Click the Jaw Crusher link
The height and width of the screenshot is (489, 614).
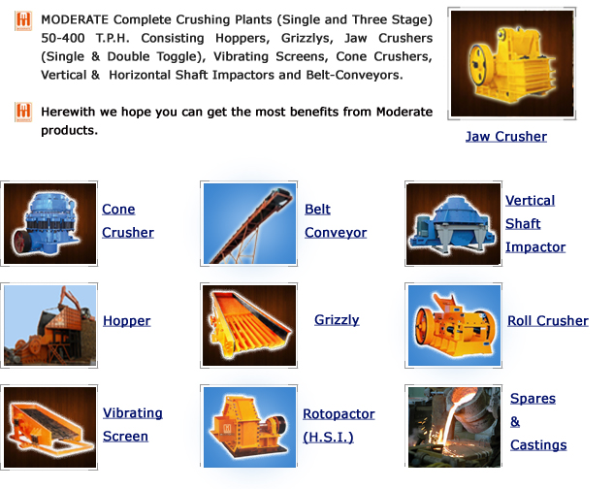(506, 137)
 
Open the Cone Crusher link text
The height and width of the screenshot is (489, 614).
(128, 220)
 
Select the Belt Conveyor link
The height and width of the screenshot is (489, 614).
(336, 220)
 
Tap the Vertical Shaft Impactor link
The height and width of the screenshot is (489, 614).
(535, 224)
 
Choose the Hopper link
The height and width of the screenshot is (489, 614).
(126, 321)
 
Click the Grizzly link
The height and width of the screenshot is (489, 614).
(337, 320)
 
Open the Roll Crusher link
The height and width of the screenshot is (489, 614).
(548, 321)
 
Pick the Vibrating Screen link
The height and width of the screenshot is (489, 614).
(132, 424)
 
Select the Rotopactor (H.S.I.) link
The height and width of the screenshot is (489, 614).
(339, 425)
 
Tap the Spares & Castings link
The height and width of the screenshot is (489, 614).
(538, 422)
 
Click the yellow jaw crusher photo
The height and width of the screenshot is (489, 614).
(512, 63)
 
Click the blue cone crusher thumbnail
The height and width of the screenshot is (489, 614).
(49, 223)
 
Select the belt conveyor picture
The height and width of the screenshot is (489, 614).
(249, 223)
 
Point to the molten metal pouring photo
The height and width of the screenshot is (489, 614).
(454, 427)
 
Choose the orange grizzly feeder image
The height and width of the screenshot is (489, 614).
(249, 325)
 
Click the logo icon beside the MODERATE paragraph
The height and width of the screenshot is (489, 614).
(23, 20)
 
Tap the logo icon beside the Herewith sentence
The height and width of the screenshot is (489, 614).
(23, 113)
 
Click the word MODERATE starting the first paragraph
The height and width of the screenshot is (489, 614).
(75, 19)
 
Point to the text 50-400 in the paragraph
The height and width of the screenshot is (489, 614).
(63, 38)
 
